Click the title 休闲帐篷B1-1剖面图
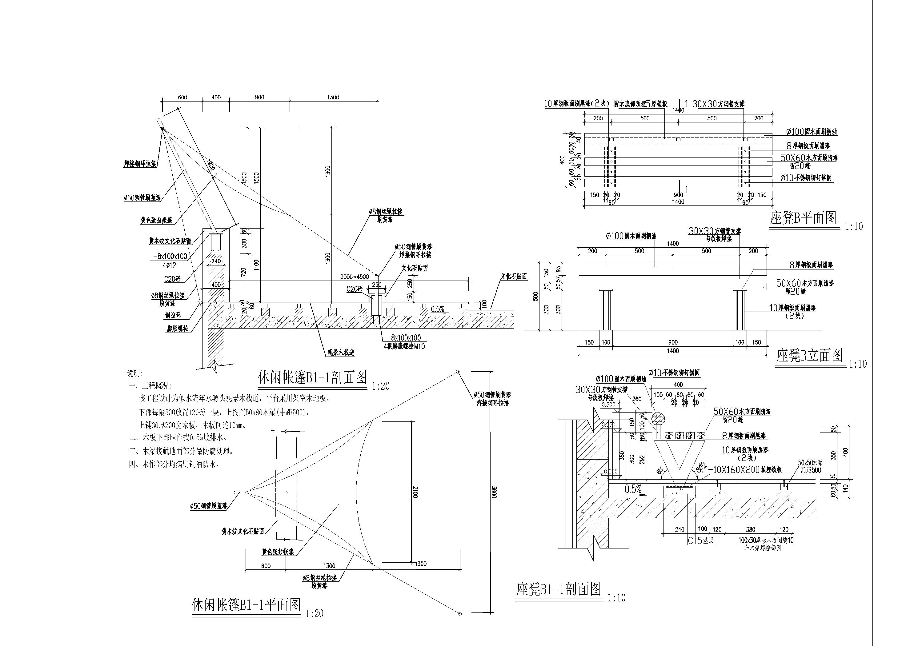(312, 377)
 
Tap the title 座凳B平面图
(803, 218)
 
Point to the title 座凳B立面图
(809, 355)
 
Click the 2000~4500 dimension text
(354, 277)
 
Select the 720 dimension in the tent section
(244, 272)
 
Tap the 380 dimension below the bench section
(750, 529)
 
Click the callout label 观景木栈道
(341, 352)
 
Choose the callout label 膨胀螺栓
(178, 329)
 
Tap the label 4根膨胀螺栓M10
(404, 346)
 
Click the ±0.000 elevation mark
(609, 472)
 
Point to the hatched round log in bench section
(659, 418)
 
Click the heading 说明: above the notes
(135, 374)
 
